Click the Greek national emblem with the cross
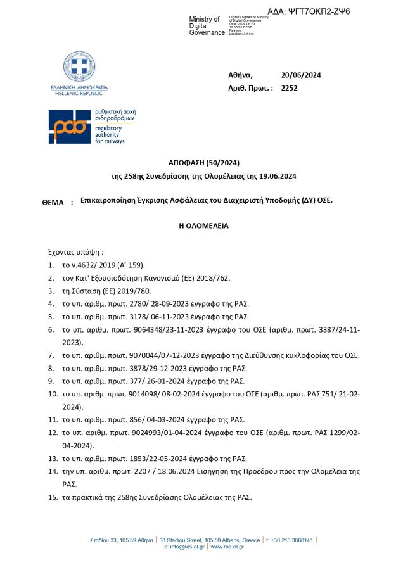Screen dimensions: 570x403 79,67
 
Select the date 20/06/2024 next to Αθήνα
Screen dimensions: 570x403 301,75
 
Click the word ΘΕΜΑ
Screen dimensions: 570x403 53,202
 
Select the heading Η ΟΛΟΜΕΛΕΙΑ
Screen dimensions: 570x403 203,225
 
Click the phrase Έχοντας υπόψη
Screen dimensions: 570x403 75,251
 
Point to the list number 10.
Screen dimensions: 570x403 53,394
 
